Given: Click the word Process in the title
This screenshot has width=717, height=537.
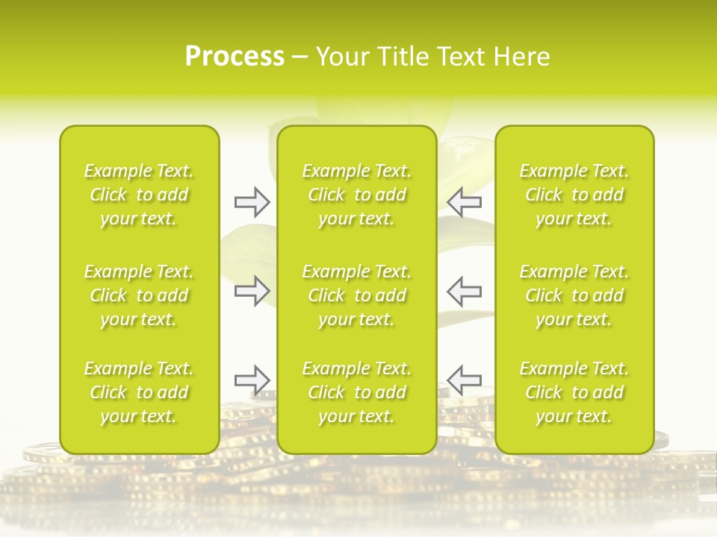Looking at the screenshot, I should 235,57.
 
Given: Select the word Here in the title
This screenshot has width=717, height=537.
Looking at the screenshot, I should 521,57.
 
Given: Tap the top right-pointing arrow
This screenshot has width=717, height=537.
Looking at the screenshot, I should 252,202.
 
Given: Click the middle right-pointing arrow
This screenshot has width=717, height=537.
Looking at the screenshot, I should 252,290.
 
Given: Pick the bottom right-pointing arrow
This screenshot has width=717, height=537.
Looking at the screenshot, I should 252,380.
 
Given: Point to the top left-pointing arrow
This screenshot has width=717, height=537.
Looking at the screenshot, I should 464,202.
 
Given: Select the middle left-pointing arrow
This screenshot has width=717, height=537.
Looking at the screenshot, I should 464,290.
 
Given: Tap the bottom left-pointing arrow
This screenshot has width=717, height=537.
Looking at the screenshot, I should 464,380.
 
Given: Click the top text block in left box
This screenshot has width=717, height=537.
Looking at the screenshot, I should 139,195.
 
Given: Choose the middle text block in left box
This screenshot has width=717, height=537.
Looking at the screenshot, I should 139,295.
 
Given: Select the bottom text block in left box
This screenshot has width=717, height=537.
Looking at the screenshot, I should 139,392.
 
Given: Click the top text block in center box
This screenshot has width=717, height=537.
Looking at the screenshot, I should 357,195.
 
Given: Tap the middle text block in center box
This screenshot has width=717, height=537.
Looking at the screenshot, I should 357,295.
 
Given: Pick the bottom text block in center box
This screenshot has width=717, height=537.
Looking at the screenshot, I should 357,392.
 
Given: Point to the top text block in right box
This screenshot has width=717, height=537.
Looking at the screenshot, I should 574,195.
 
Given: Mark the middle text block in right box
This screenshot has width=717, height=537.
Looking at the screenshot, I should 574,295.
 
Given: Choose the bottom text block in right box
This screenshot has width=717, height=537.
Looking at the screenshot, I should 574,392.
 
